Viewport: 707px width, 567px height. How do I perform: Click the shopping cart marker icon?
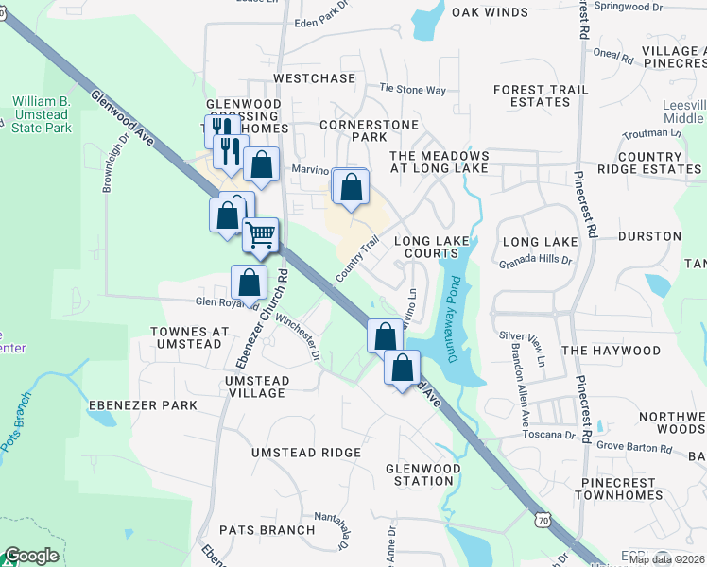pos(260,232)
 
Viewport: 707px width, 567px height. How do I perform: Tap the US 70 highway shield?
pos(543,519)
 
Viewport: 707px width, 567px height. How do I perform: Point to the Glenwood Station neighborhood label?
pos(422,474)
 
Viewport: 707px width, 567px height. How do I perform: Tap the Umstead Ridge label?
pos(305,453)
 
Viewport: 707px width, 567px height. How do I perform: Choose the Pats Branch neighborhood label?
pos(267,530)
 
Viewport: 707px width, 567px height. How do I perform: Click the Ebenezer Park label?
pos(143,405)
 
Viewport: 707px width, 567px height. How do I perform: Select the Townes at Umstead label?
pos(190,339)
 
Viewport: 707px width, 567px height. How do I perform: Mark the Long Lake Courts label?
pos(432,248)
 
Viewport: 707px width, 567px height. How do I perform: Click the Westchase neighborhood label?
pos(314,78)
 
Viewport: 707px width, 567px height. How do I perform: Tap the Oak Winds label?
pos(490,12)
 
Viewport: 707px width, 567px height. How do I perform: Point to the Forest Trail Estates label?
pos(541,95)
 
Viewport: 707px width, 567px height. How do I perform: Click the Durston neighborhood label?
pos(649,235)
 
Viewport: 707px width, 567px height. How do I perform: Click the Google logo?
pos(31,556)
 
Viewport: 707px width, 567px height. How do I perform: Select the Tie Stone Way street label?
pos(412,90)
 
